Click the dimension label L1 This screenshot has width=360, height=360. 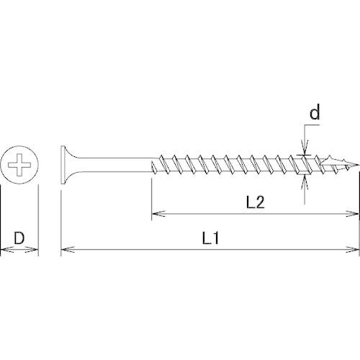pos(210,238)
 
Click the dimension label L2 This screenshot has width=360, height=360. pos(256,202)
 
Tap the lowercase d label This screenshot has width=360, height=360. pos(315,113)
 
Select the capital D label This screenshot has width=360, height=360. pos(19,238)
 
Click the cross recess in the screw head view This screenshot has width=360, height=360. pos(19,165)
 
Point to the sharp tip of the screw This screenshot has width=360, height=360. pos(359,165)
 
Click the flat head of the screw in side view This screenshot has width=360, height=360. pos(63,165)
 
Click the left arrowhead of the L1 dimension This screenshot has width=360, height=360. pos(68,250)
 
